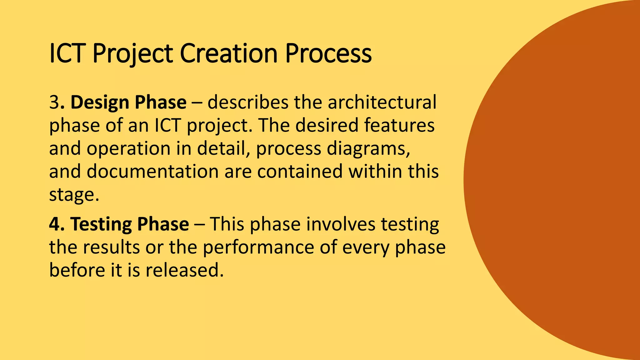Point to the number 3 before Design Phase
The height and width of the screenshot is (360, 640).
[54, 102]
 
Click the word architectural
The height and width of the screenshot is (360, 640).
[382, 102]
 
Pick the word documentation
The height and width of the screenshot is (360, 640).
[152, 172]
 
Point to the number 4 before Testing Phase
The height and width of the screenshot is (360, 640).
[54, 224]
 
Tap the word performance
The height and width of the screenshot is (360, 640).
[258, 247]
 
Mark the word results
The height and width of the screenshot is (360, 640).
[111, 247]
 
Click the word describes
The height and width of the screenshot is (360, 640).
[248, 102]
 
